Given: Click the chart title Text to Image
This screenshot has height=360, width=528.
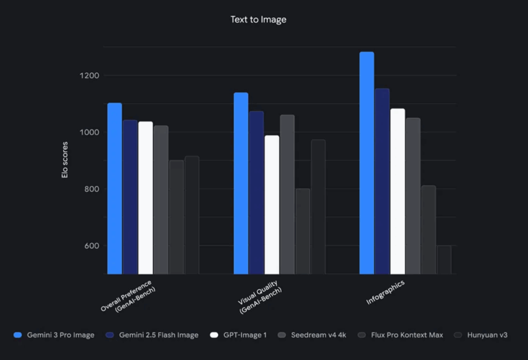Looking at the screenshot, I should pos(258,20).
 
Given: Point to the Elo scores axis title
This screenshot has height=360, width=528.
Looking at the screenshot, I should pos(65,161).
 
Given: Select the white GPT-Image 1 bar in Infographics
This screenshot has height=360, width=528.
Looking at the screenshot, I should pos(397,191).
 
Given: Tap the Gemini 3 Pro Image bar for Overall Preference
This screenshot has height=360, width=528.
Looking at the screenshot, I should pos(115,189).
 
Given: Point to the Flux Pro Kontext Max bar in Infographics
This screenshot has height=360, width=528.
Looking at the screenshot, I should pos(428,230).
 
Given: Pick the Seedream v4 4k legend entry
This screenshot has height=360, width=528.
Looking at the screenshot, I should pos(316,335).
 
